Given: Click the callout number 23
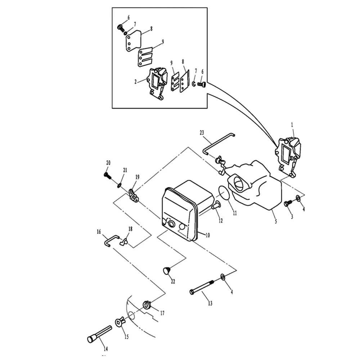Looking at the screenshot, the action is [x=202, y=133].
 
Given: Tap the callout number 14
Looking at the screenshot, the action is [x=105, y=349].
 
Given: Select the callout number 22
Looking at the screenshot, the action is [x=173, y=282].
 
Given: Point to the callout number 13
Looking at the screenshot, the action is [x=210, y=303].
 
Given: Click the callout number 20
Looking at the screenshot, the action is [x=108, y=163].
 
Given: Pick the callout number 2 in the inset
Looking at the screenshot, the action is [x=135, y=81].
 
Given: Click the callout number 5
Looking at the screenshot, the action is [x=276, y=221].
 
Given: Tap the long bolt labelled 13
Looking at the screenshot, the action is [x=202, y=287].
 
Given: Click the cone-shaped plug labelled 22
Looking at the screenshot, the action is [x=167, y=270].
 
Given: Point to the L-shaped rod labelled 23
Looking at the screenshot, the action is [x=218, y=144].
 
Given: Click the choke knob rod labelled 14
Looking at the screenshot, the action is [x=100, y=334].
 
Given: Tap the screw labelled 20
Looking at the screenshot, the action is [x=107, y=175].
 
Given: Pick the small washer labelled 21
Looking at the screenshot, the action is [x=120, y=185].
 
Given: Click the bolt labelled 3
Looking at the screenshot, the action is [x=288, y=203].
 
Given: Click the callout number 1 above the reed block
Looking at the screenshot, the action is [x=292, y=125].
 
